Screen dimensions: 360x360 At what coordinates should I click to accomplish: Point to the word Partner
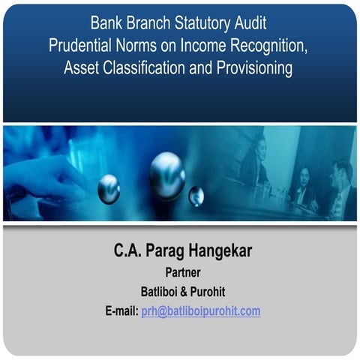[181, 272]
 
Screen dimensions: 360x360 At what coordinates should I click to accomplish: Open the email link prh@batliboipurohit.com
[200, 310]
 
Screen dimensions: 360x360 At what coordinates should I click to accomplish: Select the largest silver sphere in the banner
[166, 175]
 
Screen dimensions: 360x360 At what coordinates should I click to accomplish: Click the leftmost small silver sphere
[109, 188]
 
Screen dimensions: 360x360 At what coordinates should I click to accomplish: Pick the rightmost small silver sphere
[196, 196]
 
